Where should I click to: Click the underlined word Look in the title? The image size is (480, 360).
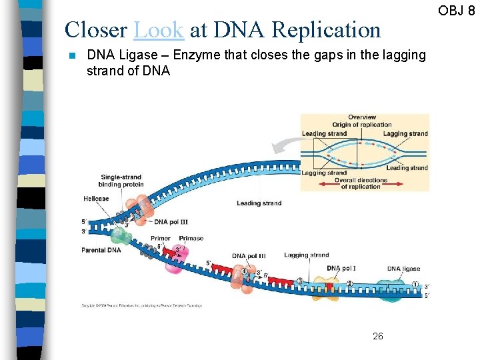tap(159, 30)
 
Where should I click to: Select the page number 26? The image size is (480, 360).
tap(377, 336)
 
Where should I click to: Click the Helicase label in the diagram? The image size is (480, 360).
tap(96, 199)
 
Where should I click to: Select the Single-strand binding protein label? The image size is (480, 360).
tap(121, 181)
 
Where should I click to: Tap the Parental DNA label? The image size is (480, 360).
tap(101, 250)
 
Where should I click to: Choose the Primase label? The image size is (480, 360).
tap(191, 238)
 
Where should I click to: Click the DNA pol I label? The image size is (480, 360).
tap(341, 269)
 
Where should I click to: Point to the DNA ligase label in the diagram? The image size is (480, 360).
tap(403, 269)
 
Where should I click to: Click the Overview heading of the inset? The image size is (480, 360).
tap(362, 117)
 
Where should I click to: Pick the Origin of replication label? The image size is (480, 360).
tap(362, 125)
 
